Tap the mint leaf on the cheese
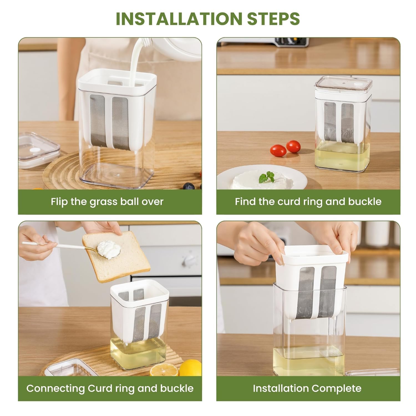[x=266, y=177]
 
